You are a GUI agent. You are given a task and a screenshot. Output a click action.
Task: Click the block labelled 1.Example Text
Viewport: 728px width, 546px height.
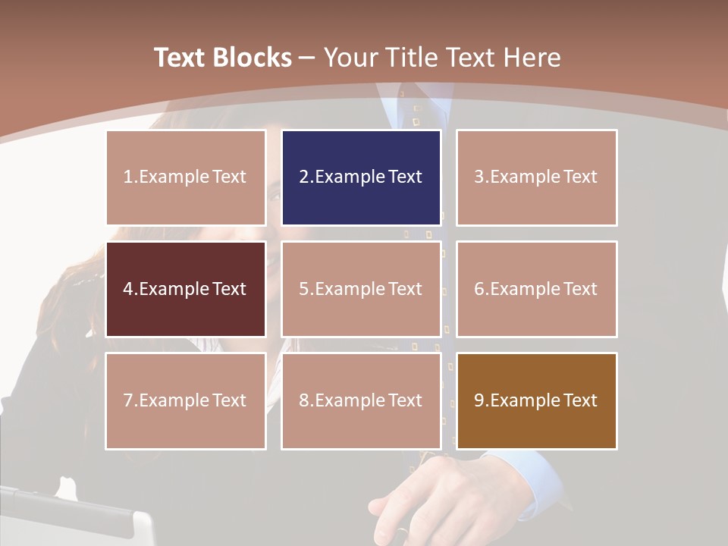tap(186, 177)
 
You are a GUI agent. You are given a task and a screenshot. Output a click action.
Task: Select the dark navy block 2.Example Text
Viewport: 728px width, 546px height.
tap(361, 177)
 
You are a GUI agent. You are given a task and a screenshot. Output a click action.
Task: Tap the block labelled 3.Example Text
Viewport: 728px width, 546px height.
tap(536, 177)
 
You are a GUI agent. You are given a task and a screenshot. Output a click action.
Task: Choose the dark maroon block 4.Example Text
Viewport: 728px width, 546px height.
tap(186, 289)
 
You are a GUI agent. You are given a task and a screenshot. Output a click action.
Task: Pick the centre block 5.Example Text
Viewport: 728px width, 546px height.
tap(361, 289)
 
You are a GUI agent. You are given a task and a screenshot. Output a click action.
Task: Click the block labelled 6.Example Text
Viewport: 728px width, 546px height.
tap(536, 289)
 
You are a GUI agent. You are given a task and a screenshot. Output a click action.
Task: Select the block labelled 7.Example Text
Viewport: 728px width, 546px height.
tap(186, 400)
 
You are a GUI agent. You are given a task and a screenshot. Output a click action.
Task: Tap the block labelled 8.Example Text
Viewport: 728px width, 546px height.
tap(361, 400)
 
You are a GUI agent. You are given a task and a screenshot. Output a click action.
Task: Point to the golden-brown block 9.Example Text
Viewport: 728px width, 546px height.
tap(536, 400)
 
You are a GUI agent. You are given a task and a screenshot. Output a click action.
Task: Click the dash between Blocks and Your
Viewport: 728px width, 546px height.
tap(307, 58)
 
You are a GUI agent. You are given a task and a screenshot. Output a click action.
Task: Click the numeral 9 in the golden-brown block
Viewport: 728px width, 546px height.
tap(479, 400)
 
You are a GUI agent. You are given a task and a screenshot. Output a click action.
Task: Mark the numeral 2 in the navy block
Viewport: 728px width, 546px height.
tap(304, 177)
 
